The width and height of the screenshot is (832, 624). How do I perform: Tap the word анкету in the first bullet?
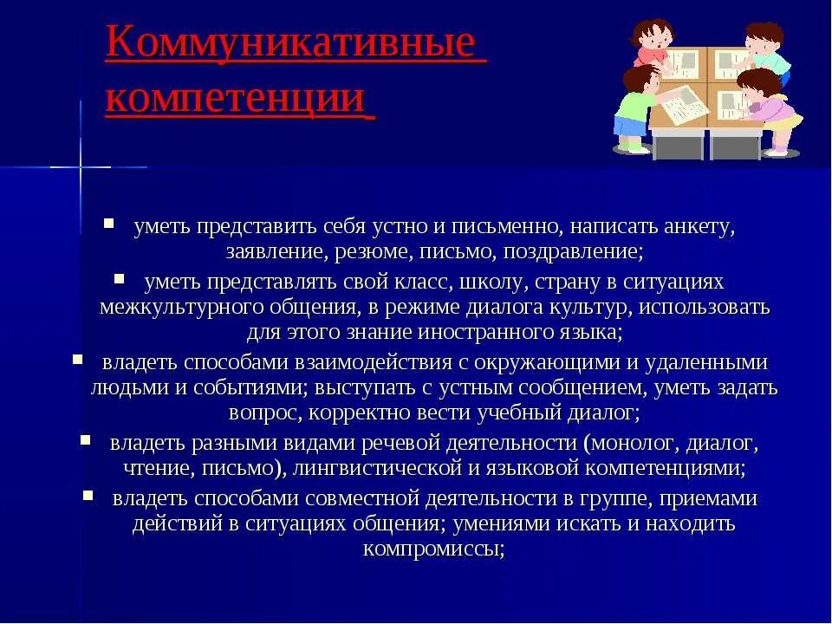click(699, 227)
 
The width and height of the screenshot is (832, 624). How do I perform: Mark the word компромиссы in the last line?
click(433, 549)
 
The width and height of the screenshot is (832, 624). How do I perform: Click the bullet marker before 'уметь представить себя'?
click(109, 223)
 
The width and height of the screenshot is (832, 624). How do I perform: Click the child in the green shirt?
click(633, 108)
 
